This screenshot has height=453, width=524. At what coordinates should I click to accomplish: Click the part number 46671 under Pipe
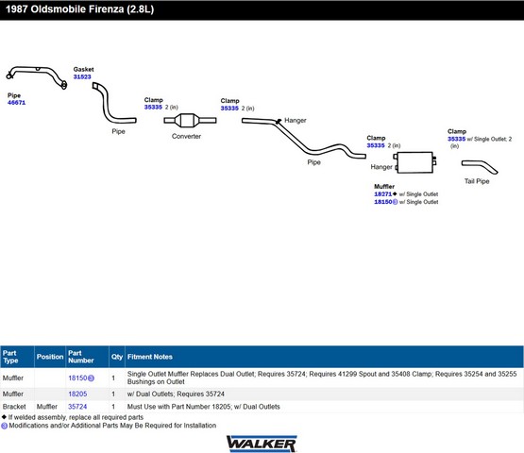click(x=16, y=103)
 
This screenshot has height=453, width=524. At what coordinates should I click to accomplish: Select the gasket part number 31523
click(x=82, y=76)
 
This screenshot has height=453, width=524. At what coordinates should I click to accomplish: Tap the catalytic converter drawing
click(x=190, y=120)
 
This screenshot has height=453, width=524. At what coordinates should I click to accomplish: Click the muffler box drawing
click(x=414, y=162)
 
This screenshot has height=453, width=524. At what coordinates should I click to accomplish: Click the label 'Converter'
click(x=186, y=136)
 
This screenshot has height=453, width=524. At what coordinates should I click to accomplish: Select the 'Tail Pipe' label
click(x=477, y=181)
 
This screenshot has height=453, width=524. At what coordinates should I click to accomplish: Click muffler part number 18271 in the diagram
click(x=383, y=194)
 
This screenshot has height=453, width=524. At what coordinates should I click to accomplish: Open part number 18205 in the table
click(x=77, y=394)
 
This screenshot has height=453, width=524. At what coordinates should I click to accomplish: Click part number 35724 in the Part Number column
click(x=77, y=407)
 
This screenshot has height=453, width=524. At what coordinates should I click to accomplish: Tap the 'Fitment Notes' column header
click(x=150, y=357)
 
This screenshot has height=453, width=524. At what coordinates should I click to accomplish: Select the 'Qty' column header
click(x=117, y=357)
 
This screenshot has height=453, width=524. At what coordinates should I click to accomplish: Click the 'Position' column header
click(x=50, y=357)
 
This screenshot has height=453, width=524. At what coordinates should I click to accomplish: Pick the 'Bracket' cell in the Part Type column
click(x=14, y=407)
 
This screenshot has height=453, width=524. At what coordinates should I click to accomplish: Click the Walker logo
click(x=262, y=444)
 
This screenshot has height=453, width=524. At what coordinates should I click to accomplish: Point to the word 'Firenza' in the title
click(x=105, y=9)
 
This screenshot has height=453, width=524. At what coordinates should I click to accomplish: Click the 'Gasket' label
click(x=83, y=69)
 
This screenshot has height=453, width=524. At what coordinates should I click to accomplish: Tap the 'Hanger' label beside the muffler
click(x=381, y=167)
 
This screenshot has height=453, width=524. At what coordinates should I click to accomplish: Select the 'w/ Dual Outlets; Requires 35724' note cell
click(x=176, y=394)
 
